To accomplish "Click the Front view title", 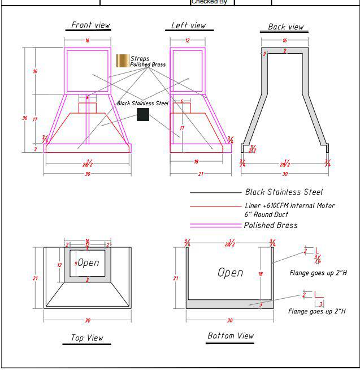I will click(x=90, y=25).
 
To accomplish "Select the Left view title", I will click(x=189, y=25).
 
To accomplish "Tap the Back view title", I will click(x=285, y=27).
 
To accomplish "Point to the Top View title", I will click(x=87, y=338).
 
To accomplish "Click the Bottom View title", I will click(x=231, y=336).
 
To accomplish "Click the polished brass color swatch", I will click(x=122, y=61).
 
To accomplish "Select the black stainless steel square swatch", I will click(x=143, y=115).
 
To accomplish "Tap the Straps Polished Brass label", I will click(x=148, y=62).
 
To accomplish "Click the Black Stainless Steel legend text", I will click(x=284, y=192).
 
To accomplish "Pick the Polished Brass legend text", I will click(x=271, y=225).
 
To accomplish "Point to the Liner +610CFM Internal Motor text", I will click(x=289, y=206).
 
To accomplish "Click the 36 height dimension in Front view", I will click(x=24, y=118).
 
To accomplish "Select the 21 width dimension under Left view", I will click(x=201, y=174).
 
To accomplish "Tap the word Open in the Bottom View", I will click(x=231, y=273).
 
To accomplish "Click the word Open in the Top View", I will click(x=88, y=263).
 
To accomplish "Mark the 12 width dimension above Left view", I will click(x=187, y=41).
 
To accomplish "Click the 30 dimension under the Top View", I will click(x=88, y=320).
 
